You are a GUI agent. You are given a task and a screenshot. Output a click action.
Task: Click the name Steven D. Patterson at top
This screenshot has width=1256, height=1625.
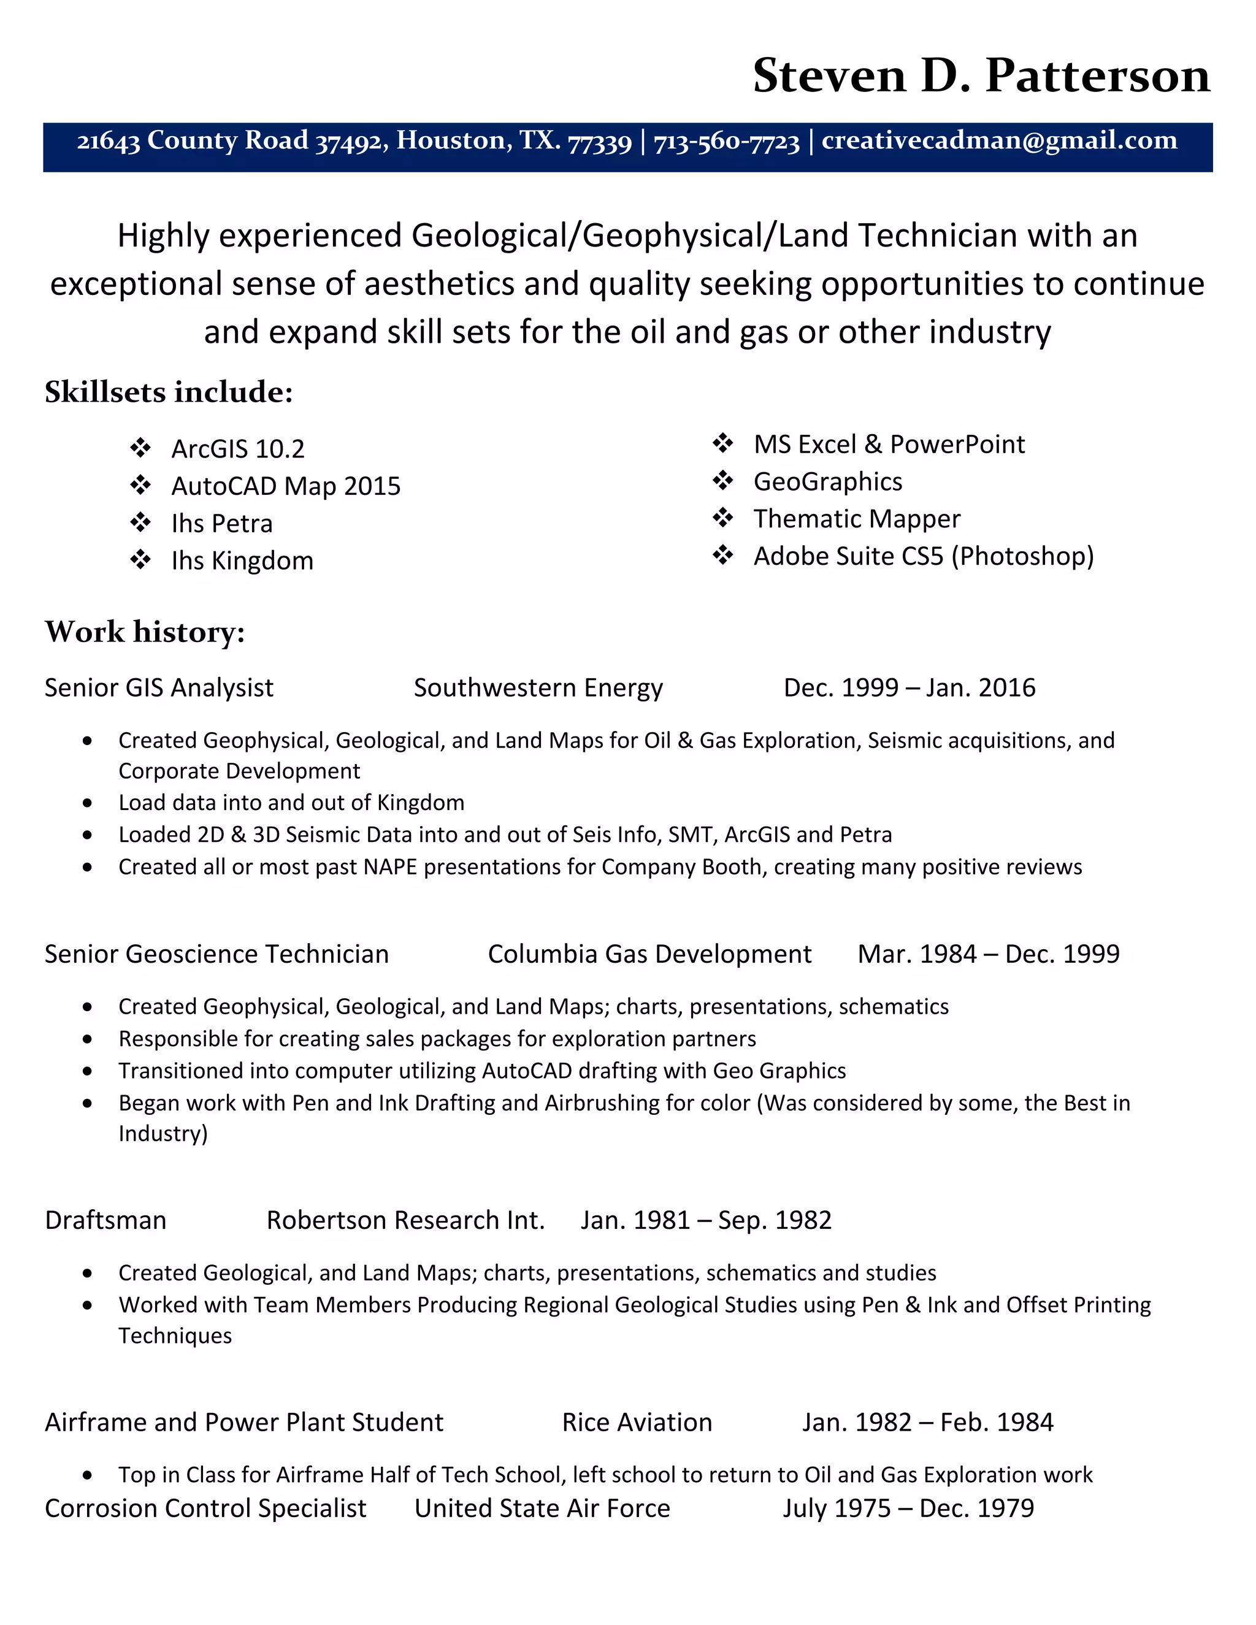click(981, 76)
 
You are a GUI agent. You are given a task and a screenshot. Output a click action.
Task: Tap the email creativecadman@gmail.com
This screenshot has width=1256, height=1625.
click(998, 140)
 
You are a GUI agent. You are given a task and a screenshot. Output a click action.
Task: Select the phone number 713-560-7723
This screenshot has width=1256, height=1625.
click(726, 142)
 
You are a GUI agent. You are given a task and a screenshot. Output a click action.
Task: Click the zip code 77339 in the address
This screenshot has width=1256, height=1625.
click(599, 142)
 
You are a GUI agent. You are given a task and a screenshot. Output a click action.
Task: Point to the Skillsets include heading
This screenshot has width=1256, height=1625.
click(169, 392)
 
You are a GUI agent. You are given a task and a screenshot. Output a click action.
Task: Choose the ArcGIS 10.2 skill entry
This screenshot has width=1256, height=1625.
click(237, 449)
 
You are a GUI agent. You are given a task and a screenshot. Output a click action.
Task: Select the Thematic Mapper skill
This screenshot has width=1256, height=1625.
click(856, 519)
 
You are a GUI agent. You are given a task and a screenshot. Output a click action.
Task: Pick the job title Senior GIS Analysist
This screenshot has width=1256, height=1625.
click(158, 687)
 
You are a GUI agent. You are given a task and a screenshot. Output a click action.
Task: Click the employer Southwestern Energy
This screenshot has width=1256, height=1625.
click(538, 687)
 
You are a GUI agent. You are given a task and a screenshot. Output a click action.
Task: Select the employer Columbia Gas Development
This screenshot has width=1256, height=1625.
click(649, 954)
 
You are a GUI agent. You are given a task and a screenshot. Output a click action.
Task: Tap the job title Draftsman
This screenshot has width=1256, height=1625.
click(105, 1220)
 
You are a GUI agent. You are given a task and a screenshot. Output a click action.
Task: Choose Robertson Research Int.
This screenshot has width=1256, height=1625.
click(405, 1220)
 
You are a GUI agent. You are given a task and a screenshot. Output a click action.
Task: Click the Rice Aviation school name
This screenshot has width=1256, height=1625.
click(637, 1422)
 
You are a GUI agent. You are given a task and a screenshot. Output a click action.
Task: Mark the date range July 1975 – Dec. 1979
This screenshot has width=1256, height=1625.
click(908, 1508)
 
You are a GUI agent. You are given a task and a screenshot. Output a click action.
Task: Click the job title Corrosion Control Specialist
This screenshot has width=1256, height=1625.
click(205, 1508)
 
